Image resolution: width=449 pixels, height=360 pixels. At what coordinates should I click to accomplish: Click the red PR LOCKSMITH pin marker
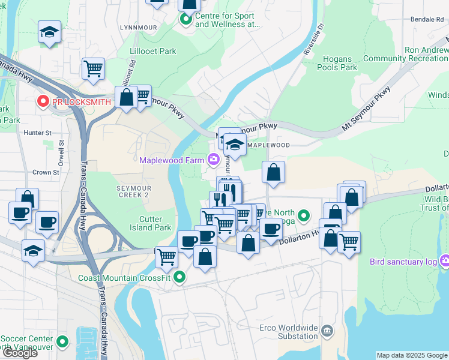(43, 102)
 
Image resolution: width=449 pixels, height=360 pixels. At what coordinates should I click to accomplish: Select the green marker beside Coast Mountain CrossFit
(179, 277)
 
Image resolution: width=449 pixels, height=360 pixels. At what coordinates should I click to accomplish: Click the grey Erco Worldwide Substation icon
(327, 331)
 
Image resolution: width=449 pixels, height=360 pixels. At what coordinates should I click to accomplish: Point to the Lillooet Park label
(153, 52)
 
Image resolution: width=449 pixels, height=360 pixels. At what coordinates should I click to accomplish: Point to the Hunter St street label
(38, 133)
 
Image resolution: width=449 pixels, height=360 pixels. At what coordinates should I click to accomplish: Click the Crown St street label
(46, 172)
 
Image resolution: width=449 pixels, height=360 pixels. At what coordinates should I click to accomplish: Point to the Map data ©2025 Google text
(412, 355)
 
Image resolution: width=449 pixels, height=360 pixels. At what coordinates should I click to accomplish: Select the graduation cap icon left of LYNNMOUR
(49, 32)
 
